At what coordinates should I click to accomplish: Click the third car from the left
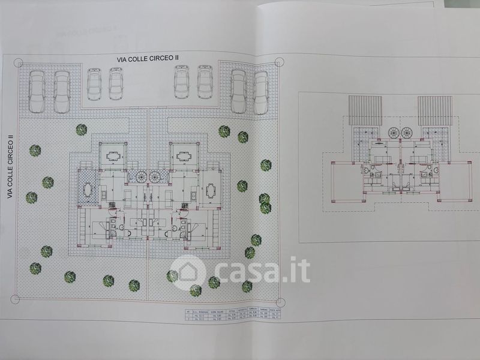click(x=95, y=83)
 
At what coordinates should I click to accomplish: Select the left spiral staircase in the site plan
click(x=139, y=175)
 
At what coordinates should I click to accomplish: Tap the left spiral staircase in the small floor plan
click(x=394, y=132)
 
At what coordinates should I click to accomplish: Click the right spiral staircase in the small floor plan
click(x=407, y=132)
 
